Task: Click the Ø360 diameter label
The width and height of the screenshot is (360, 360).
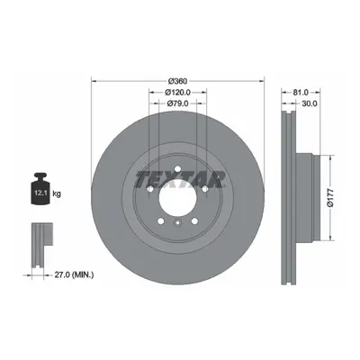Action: [x=177, y=81]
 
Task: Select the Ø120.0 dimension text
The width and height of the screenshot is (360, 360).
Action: [x=177, y=93]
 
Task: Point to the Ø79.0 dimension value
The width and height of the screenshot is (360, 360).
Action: [x=177, y=103]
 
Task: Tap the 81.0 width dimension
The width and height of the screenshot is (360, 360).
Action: [x=301, y=93]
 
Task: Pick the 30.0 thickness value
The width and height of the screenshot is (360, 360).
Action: [x=310, y=103]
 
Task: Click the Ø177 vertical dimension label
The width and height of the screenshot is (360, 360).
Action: [x=330, y=198]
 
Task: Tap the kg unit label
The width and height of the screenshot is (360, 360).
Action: [x=57, y=193]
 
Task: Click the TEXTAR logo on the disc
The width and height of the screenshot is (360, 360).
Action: [x=180, y=180]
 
